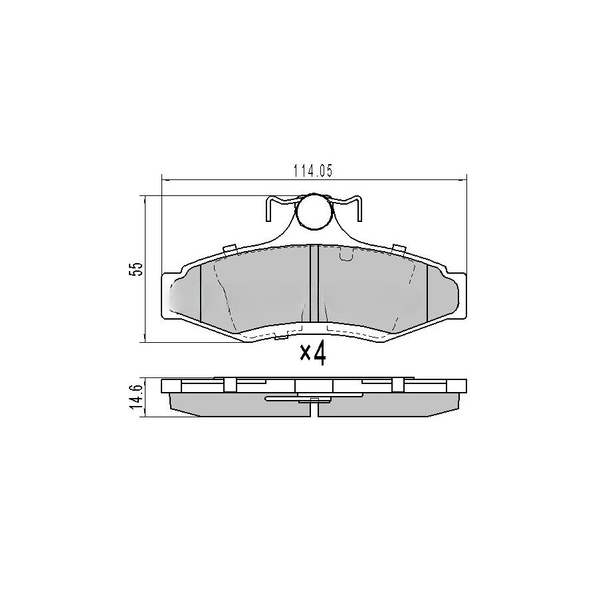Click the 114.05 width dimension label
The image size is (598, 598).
[x=312, y=171]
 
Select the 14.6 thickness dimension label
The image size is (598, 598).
[x=136, y=397]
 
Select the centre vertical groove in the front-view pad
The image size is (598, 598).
[x=314, y=284]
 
